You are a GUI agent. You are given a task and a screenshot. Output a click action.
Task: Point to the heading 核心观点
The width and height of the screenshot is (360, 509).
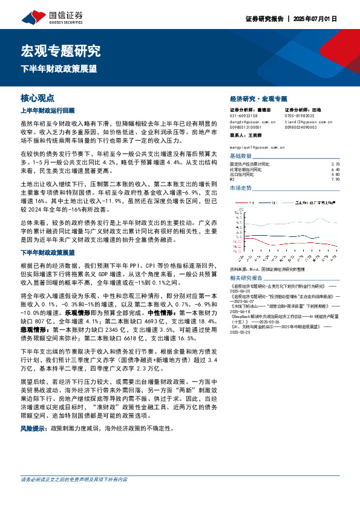pyautogui.click(x=38, y=97)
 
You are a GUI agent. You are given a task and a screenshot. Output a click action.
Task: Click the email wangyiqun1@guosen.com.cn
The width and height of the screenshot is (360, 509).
pyautogui.click(x=261, y=146)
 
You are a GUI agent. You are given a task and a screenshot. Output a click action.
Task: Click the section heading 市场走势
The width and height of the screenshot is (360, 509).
pyautogui.click(x=240, y=188)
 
